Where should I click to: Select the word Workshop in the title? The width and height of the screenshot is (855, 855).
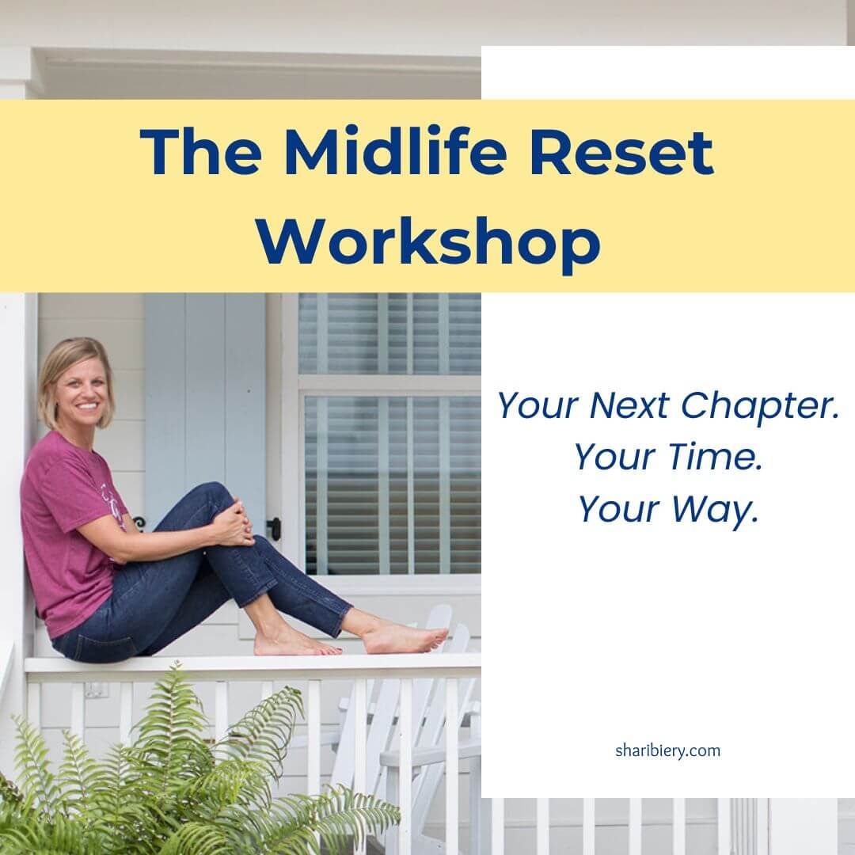pos(428,241)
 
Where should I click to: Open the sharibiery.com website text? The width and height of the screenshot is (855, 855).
pos(667,750)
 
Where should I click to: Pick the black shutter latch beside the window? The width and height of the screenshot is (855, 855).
pos(273,528)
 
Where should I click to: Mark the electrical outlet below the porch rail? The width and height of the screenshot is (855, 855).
pos(96,690)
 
